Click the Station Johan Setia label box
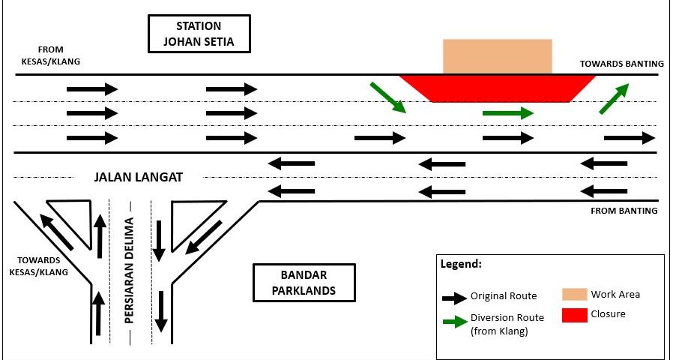pos(199,34)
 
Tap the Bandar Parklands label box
pos(304,282)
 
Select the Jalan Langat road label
pos(139,178)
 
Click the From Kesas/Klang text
pos(51,55)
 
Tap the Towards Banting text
pos(621,64)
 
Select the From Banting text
pos(624,211)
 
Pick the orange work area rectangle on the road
pos(497,56)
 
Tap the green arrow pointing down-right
pos(387,98)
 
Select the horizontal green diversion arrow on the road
pos(507,113)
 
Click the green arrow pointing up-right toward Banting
pos(615,98)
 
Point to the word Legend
pos(461,265)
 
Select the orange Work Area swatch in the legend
pos(574,294)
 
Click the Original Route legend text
pos(504,296)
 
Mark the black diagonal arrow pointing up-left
pos(57,232)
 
